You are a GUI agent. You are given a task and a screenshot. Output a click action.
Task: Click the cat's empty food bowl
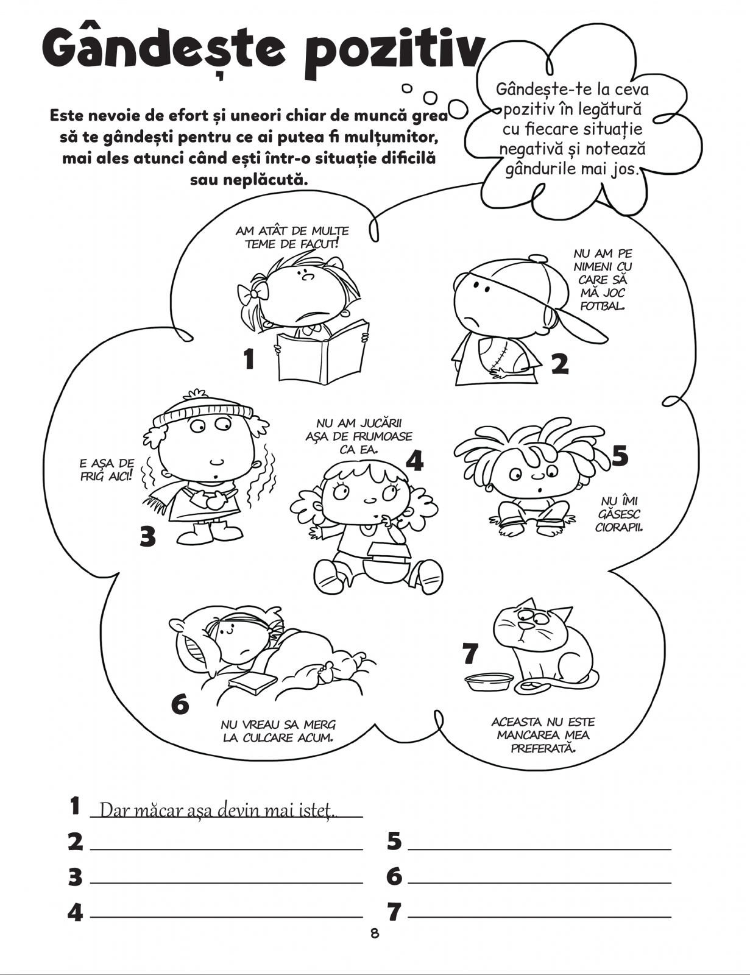pos(488,681)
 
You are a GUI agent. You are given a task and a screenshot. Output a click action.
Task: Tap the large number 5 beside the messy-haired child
pos(620,455)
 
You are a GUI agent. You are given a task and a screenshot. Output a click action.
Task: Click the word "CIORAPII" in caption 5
pos(619,527)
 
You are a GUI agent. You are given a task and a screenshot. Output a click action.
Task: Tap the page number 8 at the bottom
pos(374,933)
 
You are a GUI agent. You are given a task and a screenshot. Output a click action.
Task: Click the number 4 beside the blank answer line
pos(75,912)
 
